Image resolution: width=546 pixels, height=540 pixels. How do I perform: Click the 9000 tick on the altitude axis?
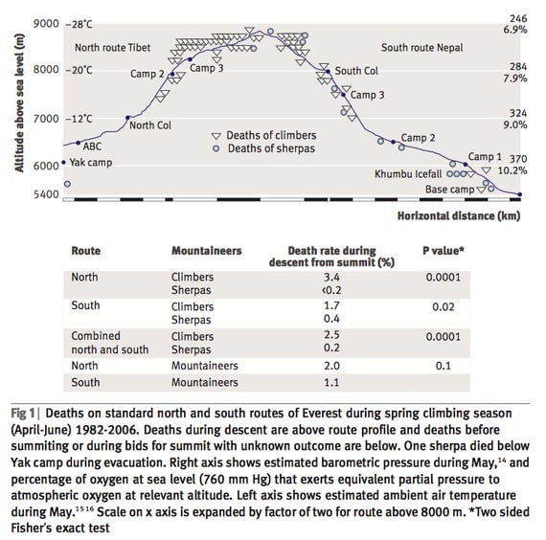tap(46, 24)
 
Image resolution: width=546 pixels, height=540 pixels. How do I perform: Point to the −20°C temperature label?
tap(80, 70)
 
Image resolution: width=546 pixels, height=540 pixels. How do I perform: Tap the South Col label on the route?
tap(356, 71)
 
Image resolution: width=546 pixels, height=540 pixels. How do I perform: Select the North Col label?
tap(150, 125)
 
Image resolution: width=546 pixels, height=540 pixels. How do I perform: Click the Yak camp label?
tap(91, 163)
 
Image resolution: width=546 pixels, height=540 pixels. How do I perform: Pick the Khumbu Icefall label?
tap(408, 174)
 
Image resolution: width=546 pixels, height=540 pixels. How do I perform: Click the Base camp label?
tap(449, 190)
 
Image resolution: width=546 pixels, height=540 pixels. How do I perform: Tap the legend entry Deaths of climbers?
tap(271, 135)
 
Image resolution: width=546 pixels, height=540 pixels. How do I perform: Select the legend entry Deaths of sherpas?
tap(271, 148)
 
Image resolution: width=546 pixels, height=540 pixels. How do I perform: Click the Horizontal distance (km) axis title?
tap(459, 215)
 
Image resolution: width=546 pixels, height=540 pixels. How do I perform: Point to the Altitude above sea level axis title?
tap(19, 102)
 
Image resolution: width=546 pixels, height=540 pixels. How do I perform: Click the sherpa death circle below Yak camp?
tap(68, 184)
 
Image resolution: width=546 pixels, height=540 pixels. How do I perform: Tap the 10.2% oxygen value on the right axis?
tap(512, 170)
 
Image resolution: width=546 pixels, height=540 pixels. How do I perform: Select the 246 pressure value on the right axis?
tap(518, 18)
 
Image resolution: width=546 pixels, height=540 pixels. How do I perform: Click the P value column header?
tap(444, 251)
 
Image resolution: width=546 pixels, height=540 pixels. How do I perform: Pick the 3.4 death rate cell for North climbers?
tap(331, 277)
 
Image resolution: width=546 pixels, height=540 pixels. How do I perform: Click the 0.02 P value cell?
tap(444, 306)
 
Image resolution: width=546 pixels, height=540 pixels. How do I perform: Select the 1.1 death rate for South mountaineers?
tap(331, 382)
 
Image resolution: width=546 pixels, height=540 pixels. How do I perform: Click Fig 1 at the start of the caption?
tap(23, 414)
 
